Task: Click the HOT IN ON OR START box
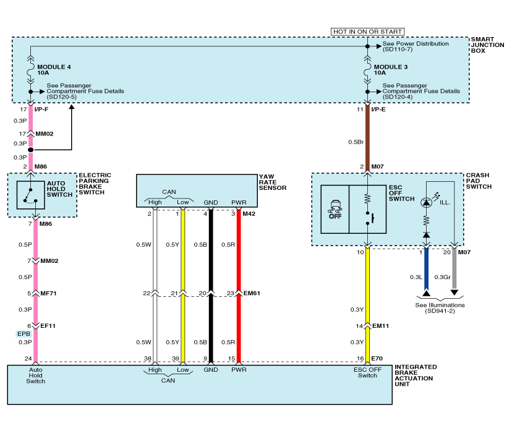point(367,32)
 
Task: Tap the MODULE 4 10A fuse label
point(54,69)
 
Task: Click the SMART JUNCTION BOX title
point(487,45)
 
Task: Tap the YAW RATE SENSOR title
point(273,182)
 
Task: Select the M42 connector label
point(249,214)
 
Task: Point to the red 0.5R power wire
point(238,260)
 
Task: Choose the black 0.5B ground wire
point(211,260)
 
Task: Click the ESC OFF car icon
point(335,209)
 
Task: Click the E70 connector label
point(377,358)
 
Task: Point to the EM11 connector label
point(380,326)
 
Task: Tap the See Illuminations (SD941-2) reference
point(440,307)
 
